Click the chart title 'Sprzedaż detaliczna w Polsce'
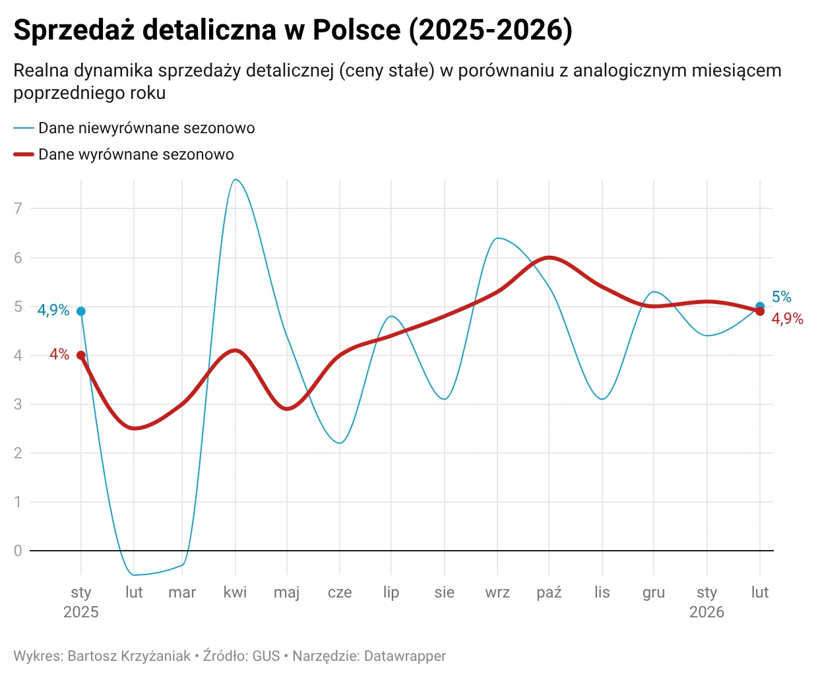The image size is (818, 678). (292, 30)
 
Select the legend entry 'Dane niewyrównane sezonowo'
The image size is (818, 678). (146, 128)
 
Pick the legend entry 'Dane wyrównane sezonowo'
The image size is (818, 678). (136, 154)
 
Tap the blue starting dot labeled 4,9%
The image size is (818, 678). (81, 311)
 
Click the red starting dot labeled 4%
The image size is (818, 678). (81, 355)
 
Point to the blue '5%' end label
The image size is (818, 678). (781, 297)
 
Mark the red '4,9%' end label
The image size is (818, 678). (787, 319)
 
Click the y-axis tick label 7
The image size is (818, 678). (18, 208)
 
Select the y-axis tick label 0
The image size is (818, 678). (18, 551)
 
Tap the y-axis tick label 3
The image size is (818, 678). (18, 404)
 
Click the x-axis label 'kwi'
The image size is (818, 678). (235, 592)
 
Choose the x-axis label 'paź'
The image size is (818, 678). (549, 592)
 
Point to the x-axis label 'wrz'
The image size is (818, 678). (497, 592)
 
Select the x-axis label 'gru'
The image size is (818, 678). (654, 592)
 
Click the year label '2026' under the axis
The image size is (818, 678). (707, 612)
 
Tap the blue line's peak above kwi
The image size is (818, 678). (236, 179)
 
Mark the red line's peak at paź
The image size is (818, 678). (549, 257)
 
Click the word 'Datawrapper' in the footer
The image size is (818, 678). (404, 656)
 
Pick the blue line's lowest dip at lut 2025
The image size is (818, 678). (135, 575)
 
